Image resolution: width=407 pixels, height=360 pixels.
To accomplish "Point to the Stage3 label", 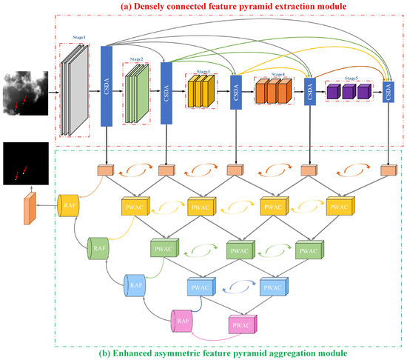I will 202,72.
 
